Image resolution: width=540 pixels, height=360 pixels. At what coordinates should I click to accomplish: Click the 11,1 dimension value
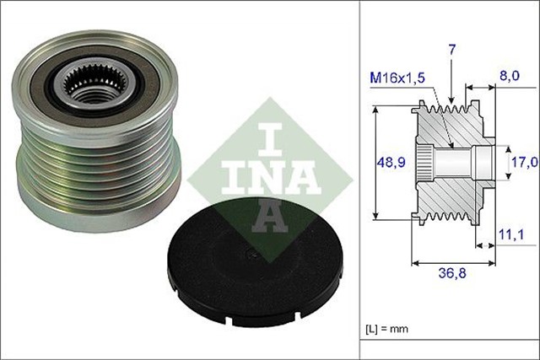point(506,239)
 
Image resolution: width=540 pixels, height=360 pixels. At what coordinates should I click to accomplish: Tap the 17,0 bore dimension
point(522,160)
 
